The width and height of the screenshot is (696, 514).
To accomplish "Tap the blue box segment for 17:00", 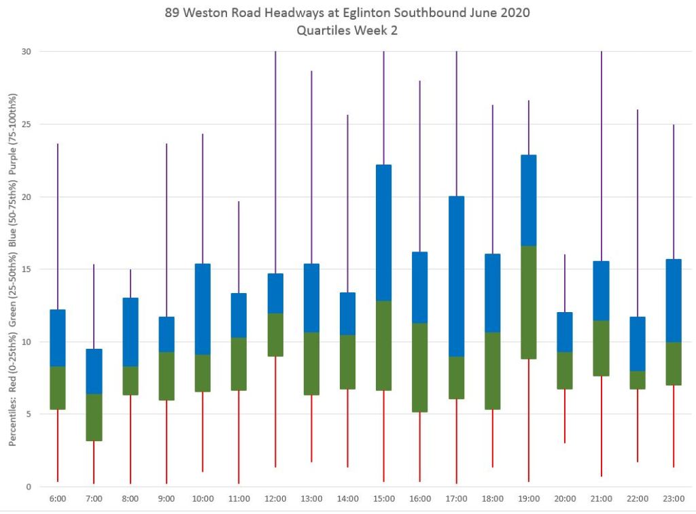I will [x=456, y=276].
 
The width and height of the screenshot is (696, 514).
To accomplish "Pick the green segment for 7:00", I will [x=94, y=417].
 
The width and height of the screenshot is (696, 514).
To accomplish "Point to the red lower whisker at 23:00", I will [x=674, y=426].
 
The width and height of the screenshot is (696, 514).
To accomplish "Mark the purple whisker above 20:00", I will [x=565, y=283].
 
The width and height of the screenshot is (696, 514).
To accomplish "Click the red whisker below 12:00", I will [x=275, y=411].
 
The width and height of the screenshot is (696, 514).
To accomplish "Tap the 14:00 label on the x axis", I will [x=347, y=498].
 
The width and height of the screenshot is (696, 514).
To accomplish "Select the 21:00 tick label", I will [x=601, y=498].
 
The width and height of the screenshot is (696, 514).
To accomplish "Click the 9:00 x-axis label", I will [x=167, y=498].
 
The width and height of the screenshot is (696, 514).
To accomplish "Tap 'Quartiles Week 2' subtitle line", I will [x=347, y=30].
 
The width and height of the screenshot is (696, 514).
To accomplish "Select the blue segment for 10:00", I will [x=203, y=309].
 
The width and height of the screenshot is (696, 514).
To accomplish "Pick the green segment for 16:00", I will [x=420, y=367].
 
